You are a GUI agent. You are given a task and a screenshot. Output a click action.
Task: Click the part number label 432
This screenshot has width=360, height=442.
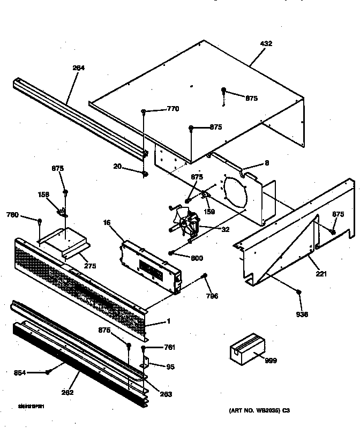[x=266, y=43]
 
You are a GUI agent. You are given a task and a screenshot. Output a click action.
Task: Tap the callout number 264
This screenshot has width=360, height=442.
[x=79, y=68]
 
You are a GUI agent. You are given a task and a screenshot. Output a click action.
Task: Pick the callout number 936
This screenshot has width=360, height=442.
[x=302, y=314]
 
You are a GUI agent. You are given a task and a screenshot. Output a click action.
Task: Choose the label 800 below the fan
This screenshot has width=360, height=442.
[x=197, y=258]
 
